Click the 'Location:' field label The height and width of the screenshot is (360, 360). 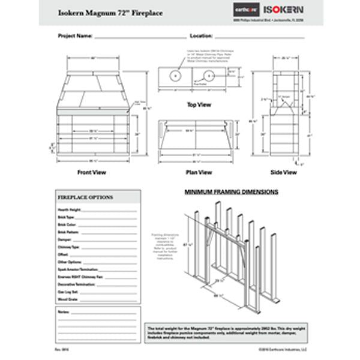(x=202, y=36)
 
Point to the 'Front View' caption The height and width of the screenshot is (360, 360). (x=92, y=172)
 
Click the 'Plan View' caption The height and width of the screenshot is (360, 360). (x=199, y=172)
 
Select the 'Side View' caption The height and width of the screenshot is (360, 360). (x=284, y=172)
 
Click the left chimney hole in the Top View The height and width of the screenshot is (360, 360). (x=175, y=76)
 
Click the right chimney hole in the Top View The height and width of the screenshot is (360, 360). (x=209, y=76)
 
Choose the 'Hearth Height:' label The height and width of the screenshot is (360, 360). (x=69, y=210)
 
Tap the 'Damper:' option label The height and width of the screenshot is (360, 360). (x=65, y=239)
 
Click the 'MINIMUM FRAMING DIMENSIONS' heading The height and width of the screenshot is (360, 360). (x=230, y=193)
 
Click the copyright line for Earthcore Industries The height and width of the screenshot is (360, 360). (x=284, y=348)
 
